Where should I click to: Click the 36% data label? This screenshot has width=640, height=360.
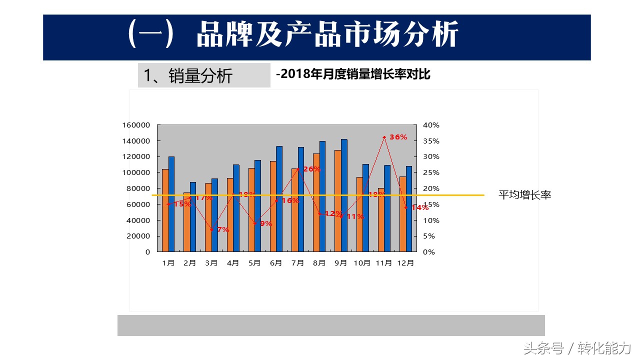[x=398, y=137]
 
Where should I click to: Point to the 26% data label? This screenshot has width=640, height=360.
[x=311, y=169]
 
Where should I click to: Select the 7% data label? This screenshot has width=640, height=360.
[x=223, y=229]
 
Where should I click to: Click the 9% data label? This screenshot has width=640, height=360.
[x=266, y=223]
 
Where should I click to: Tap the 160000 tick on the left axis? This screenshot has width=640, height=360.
[x=136, y=125]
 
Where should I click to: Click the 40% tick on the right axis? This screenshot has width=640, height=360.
[x=431, y=125]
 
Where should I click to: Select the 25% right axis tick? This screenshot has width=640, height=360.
[x=431, y=172]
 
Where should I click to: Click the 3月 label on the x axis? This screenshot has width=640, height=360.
[x=211, y=263]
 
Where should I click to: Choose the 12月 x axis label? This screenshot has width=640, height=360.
[x=405, y=263]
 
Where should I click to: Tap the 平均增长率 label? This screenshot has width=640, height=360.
[x=524, y=195]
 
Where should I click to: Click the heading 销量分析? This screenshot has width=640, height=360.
[x=188, y=75]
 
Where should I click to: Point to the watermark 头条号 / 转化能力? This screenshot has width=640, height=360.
[x=577, y=347]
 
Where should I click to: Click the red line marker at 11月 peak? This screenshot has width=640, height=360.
[x=384, y=137]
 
